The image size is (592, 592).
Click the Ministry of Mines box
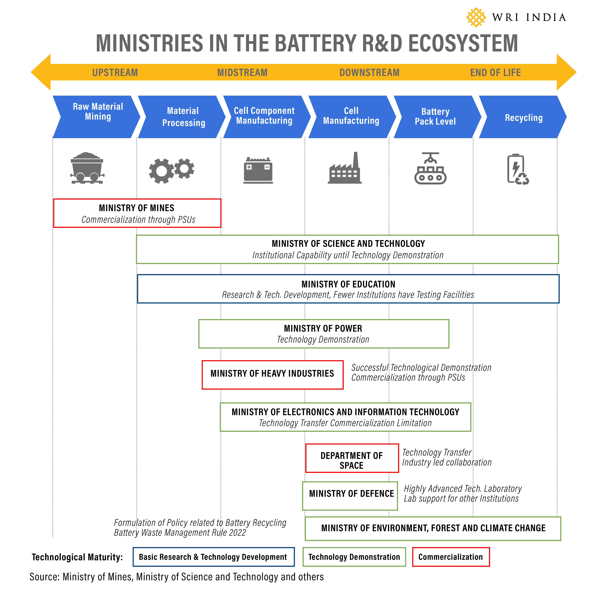(x=137, y=213)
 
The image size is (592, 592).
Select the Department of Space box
(x=352, y=458)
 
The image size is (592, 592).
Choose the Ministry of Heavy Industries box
(x=272, y=375)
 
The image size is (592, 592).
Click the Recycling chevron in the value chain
(x=523, y=117)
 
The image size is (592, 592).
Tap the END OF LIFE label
(x=495, y=73)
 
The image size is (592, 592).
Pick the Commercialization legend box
(x=451, y=557)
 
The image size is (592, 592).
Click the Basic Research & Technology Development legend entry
(x=213, y=557)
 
